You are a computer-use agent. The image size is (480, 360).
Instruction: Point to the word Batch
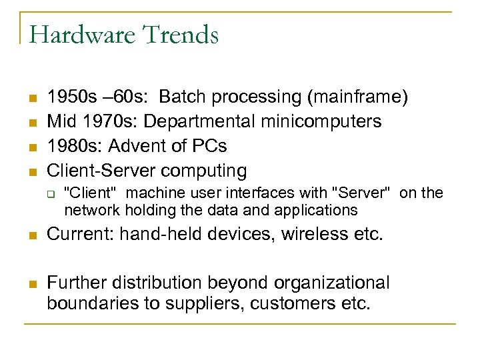click(183, 97)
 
